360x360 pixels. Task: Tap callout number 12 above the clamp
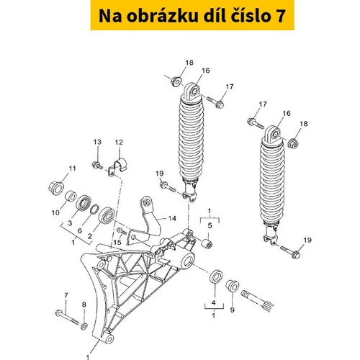(119, 143)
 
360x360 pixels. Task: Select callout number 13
(97, 142)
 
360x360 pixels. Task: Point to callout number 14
(172, 218)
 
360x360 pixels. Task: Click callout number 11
(72, 168)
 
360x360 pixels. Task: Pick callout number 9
(232, 310)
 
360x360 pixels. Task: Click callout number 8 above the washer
(84, 305)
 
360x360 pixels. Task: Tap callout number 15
(117, 242)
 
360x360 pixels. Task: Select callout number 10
(55, 212)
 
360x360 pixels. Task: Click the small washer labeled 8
(84, 326)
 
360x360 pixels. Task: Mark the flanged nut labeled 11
(56, 189)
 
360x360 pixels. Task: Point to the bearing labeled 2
(107, 215)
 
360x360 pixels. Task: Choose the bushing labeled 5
(207, 244)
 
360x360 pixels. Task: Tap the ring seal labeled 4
(216, 276)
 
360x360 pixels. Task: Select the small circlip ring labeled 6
(94, 209)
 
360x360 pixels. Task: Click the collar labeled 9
(232, 286)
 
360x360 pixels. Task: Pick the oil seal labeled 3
(84, 202)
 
